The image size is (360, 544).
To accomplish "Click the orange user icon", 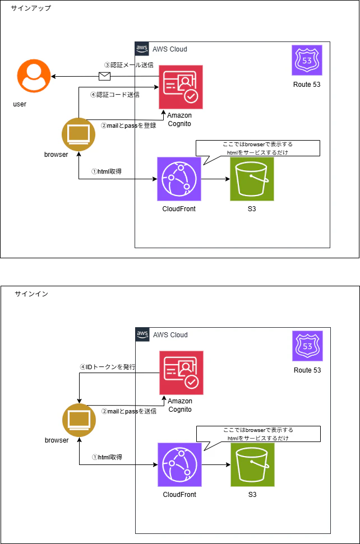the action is point(34,76).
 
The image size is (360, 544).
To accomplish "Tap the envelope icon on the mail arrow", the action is point(104,76).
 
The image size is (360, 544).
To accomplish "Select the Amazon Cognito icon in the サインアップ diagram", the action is point(181,87).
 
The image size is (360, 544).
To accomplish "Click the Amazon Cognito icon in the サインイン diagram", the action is point(181,373).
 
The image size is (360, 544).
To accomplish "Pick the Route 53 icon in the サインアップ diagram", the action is point(307,60).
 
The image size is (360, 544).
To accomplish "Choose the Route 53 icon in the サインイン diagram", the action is point(308,346).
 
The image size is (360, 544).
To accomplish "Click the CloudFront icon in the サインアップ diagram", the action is point(179,179).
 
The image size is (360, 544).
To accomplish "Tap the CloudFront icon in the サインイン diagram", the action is point(180,464).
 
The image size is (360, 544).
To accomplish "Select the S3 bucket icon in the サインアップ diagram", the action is point(252,179).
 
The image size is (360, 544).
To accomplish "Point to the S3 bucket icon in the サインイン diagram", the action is point(253,464).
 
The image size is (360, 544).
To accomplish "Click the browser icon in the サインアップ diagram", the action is point(79,134).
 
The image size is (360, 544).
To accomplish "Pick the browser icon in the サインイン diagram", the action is point(79,420).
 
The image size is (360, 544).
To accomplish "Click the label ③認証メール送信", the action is point(129,65).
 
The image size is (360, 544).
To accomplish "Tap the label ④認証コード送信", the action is point(115,94).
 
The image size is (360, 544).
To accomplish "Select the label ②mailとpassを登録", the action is point(128,125).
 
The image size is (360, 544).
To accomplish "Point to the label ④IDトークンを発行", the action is point(108,367).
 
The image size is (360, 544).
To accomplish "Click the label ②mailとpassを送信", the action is point(129,411).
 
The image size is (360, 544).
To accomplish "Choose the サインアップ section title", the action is point(31,8).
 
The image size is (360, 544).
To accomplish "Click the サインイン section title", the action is point(31,294).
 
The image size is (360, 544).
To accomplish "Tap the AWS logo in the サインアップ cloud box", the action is point(142,49).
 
